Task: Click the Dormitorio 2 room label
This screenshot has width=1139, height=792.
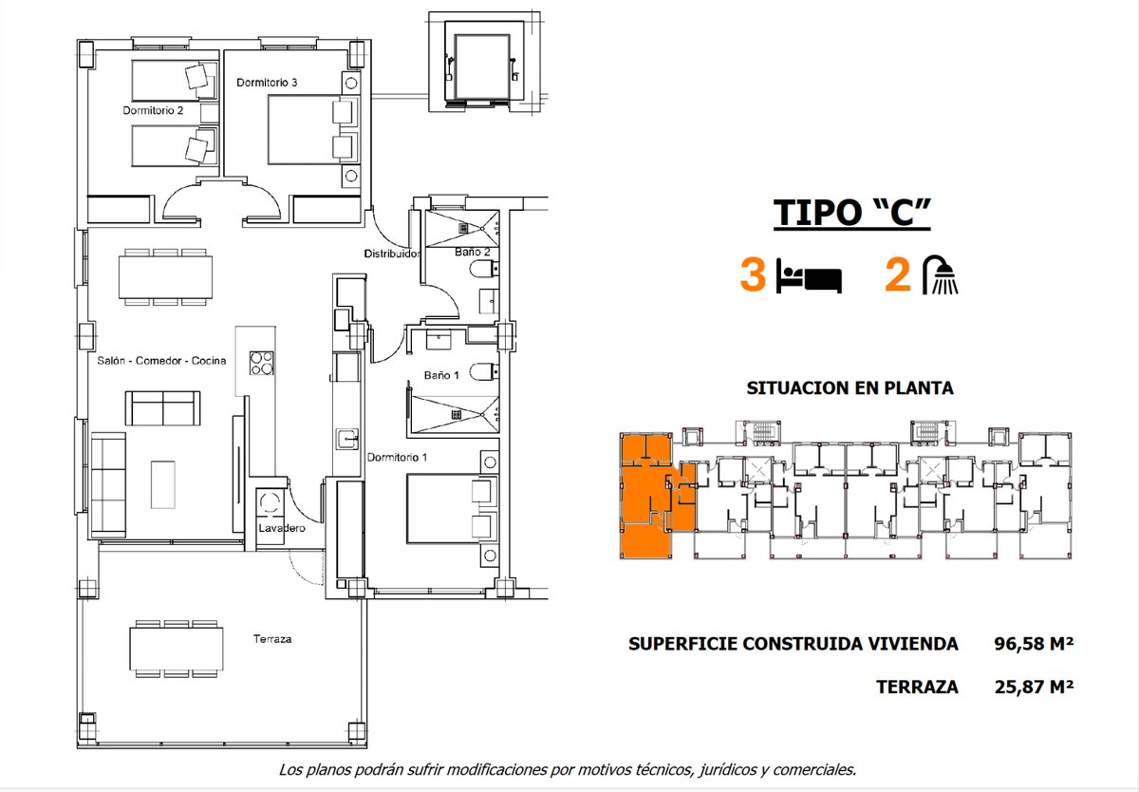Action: (153, 110)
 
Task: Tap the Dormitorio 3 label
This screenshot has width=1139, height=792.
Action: (267, 83)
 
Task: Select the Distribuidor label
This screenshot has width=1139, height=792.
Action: (392, 254)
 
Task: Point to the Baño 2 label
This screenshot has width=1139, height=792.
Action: (473, 252)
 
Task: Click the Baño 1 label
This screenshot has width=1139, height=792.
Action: (441, 375)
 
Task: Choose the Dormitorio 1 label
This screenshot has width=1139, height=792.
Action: (397, 458)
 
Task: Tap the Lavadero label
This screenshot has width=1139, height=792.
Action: (282, 528)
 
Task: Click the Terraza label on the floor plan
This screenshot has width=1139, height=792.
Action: (272, 639)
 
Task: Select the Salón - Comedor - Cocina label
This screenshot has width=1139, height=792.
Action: (161, 361)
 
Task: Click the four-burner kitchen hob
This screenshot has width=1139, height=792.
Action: (261, 363)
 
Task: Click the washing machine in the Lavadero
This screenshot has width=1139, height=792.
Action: (270, 502)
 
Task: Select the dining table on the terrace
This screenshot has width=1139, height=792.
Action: (177, 649)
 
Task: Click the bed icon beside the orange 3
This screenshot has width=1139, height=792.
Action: (809, 276)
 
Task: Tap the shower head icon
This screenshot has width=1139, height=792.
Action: (941, 274)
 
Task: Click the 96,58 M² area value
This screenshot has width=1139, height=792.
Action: (1034, 644)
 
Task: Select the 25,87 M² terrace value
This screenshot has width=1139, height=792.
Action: (1034, 688)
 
